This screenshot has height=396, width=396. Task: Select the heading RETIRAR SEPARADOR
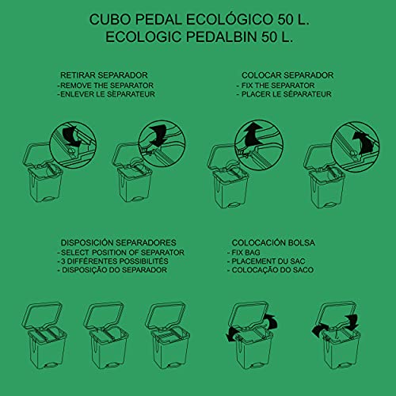104,75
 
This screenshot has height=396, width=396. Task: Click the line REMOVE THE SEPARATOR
105,86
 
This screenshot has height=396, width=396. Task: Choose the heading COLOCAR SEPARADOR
287,75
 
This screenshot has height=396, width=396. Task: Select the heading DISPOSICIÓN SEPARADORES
119,242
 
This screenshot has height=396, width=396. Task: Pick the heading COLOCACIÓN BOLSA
273,242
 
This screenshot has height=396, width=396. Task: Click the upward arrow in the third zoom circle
253,135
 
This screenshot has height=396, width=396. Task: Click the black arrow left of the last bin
320,330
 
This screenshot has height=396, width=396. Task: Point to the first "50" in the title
285,20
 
